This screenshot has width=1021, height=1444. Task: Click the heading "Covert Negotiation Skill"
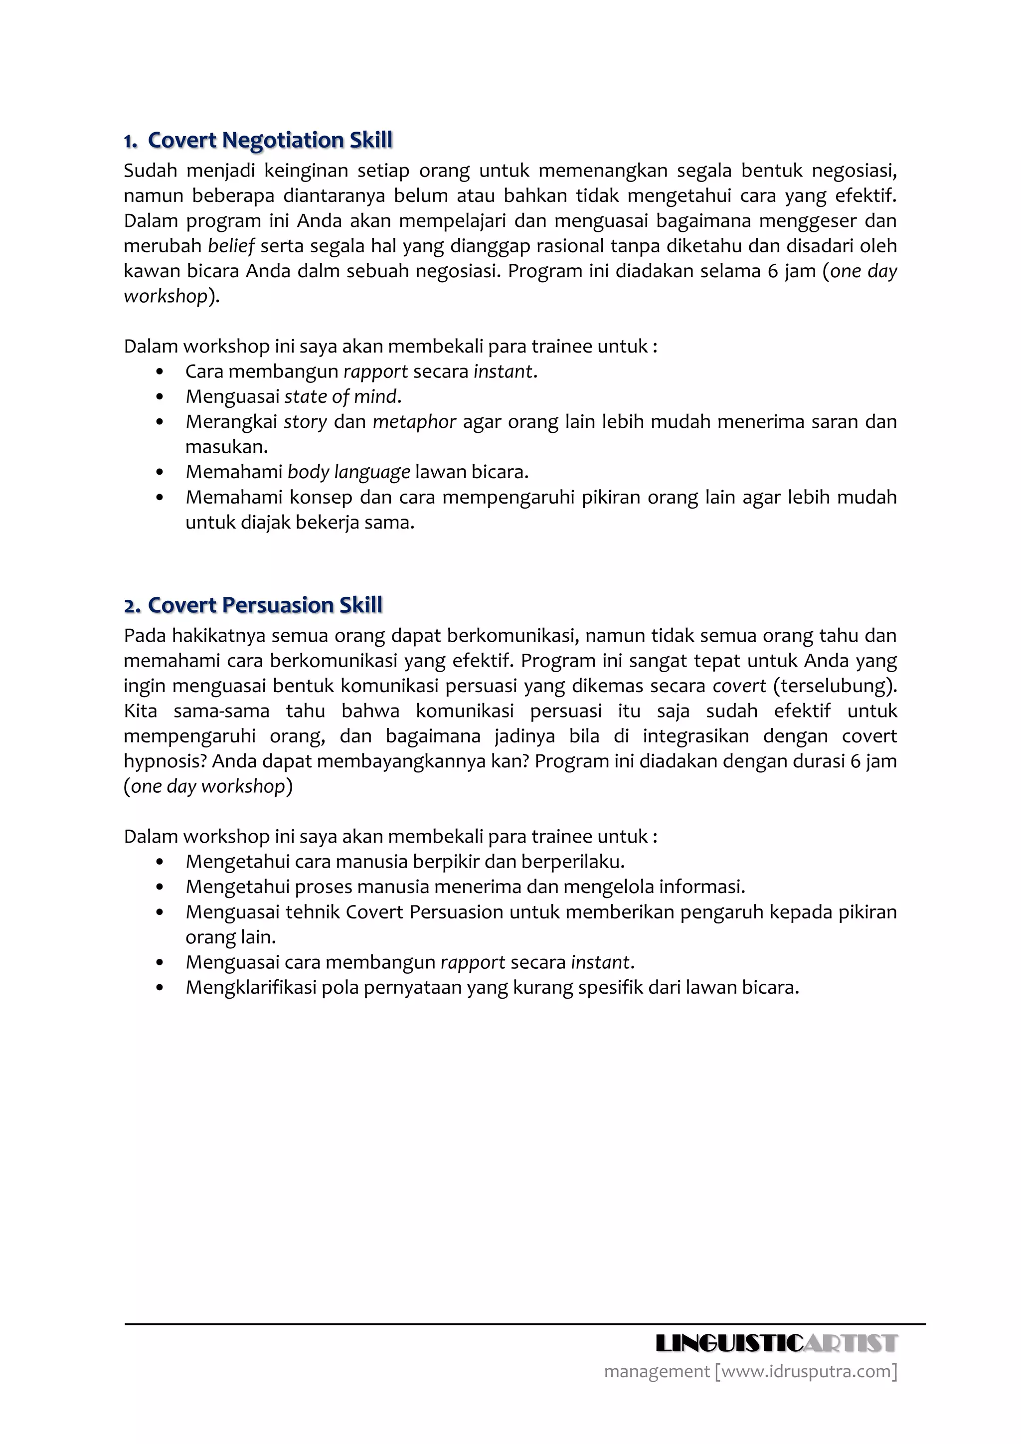pos(270,140)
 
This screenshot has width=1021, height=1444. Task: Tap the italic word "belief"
pos(231,246)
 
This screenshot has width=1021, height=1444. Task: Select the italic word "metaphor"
pos(414,422)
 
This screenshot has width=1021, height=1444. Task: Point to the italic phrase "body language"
pos(348,472)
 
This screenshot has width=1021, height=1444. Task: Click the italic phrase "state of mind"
pos(341,397)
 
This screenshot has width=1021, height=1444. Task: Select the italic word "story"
pos(306,422)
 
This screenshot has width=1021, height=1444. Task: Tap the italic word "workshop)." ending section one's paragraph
pos(171,296)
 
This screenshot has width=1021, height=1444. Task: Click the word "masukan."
pos(226,447)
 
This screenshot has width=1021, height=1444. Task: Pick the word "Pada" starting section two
pos(145,636)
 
